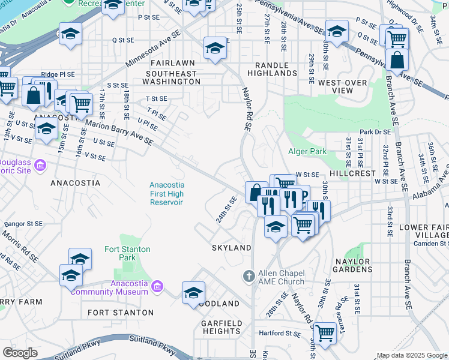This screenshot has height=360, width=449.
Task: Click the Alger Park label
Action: (x=307, y=151)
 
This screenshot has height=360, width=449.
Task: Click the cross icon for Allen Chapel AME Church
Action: (x=249, y=276)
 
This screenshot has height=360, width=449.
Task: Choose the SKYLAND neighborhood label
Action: (x=231, y=248)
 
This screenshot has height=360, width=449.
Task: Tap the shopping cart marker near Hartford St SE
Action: (x=325, y=332)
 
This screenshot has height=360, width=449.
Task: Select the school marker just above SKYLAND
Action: (x=276, y=227)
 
